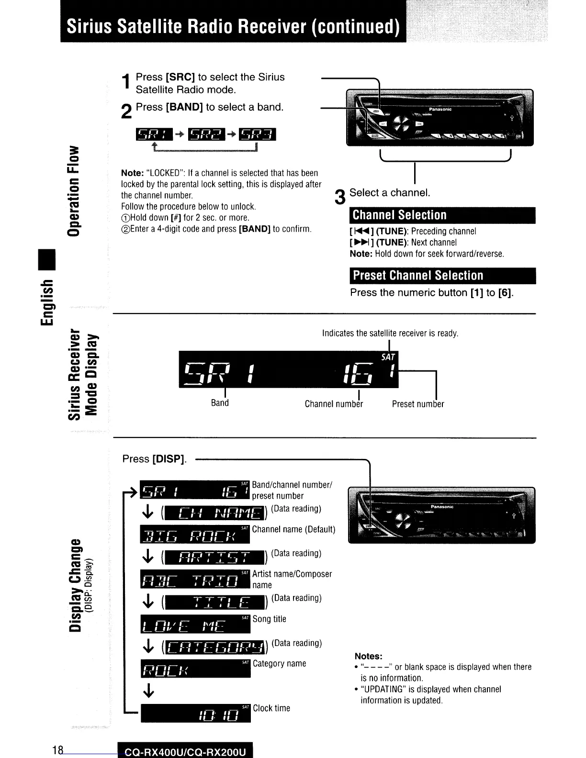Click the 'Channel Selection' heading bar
442,215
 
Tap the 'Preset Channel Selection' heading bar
442,276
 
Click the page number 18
58,750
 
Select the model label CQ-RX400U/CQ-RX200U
185,752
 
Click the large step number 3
340,197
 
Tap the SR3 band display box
257,135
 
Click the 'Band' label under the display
220,403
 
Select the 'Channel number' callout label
334,404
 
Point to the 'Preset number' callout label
417,404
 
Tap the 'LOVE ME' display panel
195,624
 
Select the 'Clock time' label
271,708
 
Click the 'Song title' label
269,619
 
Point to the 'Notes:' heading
368,656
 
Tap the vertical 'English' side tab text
48,303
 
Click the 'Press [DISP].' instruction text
154,459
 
